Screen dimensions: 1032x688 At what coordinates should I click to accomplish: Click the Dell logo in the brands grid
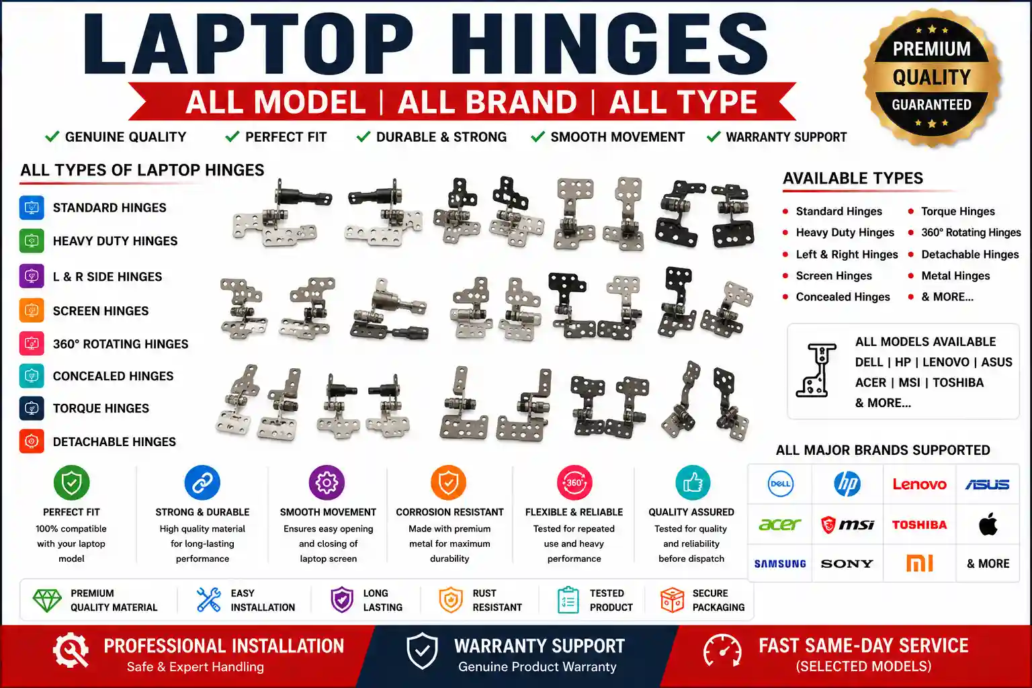[x=780, y=484]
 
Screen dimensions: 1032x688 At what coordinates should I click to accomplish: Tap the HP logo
[x=847, y=484]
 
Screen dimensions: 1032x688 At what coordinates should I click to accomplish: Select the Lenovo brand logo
[x=920, y=484]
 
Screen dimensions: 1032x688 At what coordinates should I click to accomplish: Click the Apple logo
[x=988, y=523]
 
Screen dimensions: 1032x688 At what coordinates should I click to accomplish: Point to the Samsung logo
[x=780, y=564]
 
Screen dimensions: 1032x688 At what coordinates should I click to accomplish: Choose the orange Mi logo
[x=920, y=563]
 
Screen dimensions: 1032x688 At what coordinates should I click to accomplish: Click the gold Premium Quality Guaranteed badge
[x=932, y=77]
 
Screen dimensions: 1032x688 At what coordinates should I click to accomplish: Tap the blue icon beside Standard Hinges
[x=32, y=208]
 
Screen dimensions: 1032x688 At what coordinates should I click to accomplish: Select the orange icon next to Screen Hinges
[x=32, y=310]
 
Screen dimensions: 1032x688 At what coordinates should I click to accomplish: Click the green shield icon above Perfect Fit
[x=71, y=482]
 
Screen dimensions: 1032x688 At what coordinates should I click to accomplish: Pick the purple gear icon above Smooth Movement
[x=327, y=482]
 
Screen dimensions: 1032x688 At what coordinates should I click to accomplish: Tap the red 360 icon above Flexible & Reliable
[x=574, y=482]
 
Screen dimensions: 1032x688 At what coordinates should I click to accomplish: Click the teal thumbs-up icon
[x=693, y=482]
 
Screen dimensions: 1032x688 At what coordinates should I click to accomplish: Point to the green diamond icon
[x=47, y=600]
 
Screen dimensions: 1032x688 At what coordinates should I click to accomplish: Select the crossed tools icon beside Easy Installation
[x=209, y=599]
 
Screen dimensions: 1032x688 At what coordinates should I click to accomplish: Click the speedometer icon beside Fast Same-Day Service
[x=722, y=650]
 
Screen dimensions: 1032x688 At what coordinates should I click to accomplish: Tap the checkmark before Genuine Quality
[x=52, y=136]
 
